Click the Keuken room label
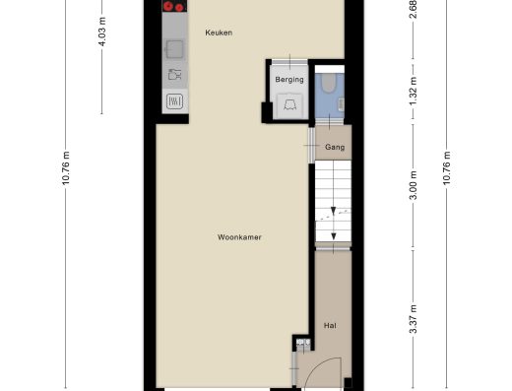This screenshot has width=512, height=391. pos(219,33)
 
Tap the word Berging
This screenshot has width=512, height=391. pos(289,80)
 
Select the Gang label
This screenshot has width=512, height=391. pos(335,147)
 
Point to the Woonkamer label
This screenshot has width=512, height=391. pos(239,237)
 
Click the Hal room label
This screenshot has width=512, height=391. pos(330,326)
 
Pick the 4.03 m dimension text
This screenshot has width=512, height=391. pos(102,32)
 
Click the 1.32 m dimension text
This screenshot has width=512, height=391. pos(414,91)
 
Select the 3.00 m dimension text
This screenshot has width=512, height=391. pos(414,185)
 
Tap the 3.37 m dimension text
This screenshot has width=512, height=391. pos(414,319)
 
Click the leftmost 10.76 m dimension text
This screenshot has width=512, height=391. pos(66,168)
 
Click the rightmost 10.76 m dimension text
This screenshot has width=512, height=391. pos(447,168)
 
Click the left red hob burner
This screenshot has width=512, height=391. pos(168,6)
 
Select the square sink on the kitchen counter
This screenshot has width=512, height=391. pos(174,49)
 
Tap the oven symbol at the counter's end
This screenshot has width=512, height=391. pos(174,101)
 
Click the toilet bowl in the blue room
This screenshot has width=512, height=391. pos(328,83)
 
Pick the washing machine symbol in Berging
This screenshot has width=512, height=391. pos(289,105)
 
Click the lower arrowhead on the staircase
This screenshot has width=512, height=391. pos(334,236)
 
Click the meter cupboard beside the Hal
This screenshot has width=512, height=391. pos(303,344)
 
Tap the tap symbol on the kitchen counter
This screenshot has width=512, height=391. pos(175,75)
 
